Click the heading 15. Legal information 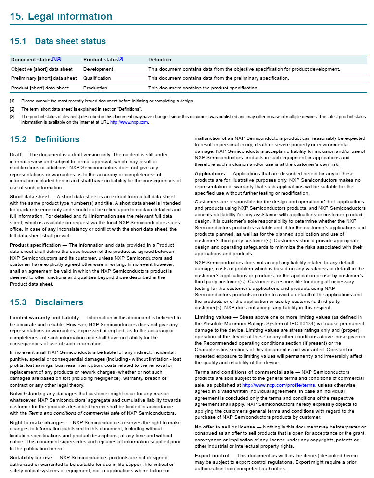click(61, 16)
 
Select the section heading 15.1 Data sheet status click(58, 41)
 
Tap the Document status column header click(31, 60)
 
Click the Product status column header click(101, 60)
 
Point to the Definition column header click(159, 60)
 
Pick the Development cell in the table click(98, 69)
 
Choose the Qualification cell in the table click(97, 78)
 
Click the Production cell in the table click(95, 88)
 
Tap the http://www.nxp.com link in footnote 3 click(129, 122)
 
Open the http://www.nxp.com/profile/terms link click(278, 385)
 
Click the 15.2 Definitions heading click(44, 139)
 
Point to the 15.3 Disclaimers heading click(46, 302)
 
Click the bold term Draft click(15, 155)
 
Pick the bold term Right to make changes click(37, 423)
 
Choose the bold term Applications click(210, 173)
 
